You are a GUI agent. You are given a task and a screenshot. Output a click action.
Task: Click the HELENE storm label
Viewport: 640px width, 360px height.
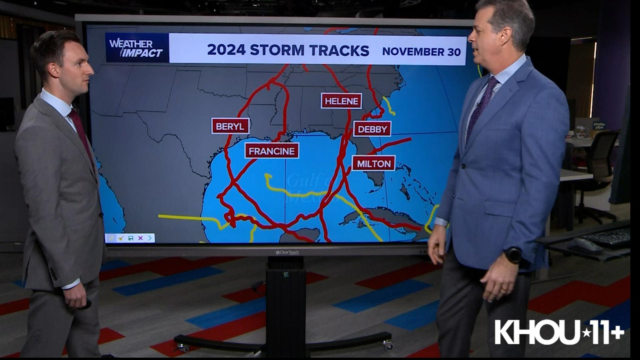341,101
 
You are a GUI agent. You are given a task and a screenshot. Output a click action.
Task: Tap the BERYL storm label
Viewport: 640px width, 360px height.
230,126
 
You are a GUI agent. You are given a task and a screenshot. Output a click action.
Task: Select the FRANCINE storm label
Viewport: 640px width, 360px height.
272,151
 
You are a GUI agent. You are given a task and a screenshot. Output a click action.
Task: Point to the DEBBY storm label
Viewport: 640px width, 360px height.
372,129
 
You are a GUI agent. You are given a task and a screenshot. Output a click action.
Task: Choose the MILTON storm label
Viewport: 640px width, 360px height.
374,164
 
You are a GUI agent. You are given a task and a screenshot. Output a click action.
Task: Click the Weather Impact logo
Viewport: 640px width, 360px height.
136,48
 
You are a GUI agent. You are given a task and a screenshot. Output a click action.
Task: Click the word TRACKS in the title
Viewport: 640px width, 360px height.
339,50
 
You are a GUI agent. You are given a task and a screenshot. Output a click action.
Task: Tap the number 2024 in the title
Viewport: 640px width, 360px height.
226,50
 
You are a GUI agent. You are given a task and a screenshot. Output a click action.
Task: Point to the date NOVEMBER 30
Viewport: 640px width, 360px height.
421,52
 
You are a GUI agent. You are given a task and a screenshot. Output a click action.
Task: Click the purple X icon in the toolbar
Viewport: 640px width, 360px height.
140,238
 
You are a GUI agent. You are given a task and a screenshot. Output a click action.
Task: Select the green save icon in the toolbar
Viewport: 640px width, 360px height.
131,238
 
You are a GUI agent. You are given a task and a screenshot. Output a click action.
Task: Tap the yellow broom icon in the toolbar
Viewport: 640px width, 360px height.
121,238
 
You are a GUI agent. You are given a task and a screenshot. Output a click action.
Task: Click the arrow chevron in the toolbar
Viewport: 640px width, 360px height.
150,238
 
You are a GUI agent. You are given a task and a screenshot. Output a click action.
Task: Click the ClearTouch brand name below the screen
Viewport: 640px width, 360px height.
287,252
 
